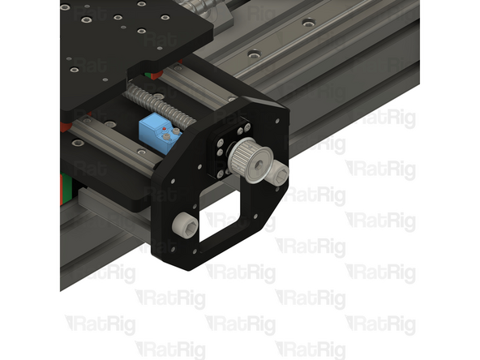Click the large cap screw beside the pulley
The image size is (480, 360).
point(278,172)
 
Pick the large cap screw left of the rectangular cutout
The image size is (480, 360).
point(186,223)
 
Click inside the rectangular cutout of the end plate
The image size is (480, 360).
point(221,221)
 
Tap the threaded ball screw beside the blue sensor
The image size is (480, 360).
point(162,105)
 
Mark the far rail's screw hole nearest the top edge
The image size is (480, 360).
point(308,23)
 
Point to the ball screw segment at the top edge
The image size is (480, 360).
point(199,5)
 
